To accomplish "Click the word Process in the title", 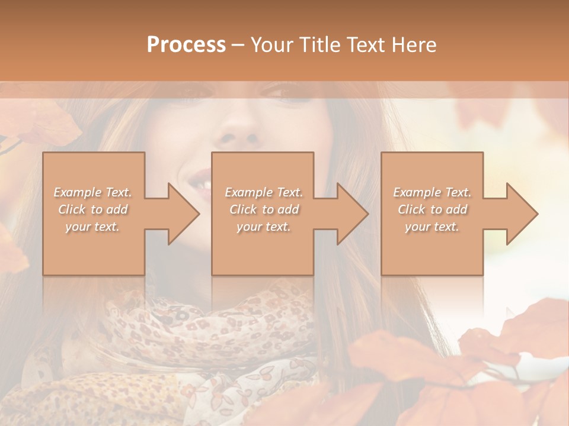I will (x=186, y=45).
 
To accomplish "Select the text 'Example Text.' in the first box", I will (x=93, y=192).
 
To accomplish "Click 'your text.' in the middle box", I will (x=263, y=227).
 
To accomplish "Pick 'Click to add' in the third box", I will (x=432, y=209).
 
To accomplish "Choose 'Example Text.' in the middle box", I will (x=263, y=192).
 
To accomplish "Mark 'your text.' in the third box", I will (x=432, y=227).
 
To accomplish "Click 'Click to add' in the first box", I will (x=93, y=209).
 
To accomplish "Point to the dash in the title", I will (x=238, y=45).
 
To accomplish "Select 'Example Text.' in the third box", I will (x=432, y=192).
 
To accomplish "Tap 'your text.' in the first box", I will (x=93, y=227).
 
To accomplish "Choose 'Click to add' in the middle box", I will (x=263, y=209).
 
